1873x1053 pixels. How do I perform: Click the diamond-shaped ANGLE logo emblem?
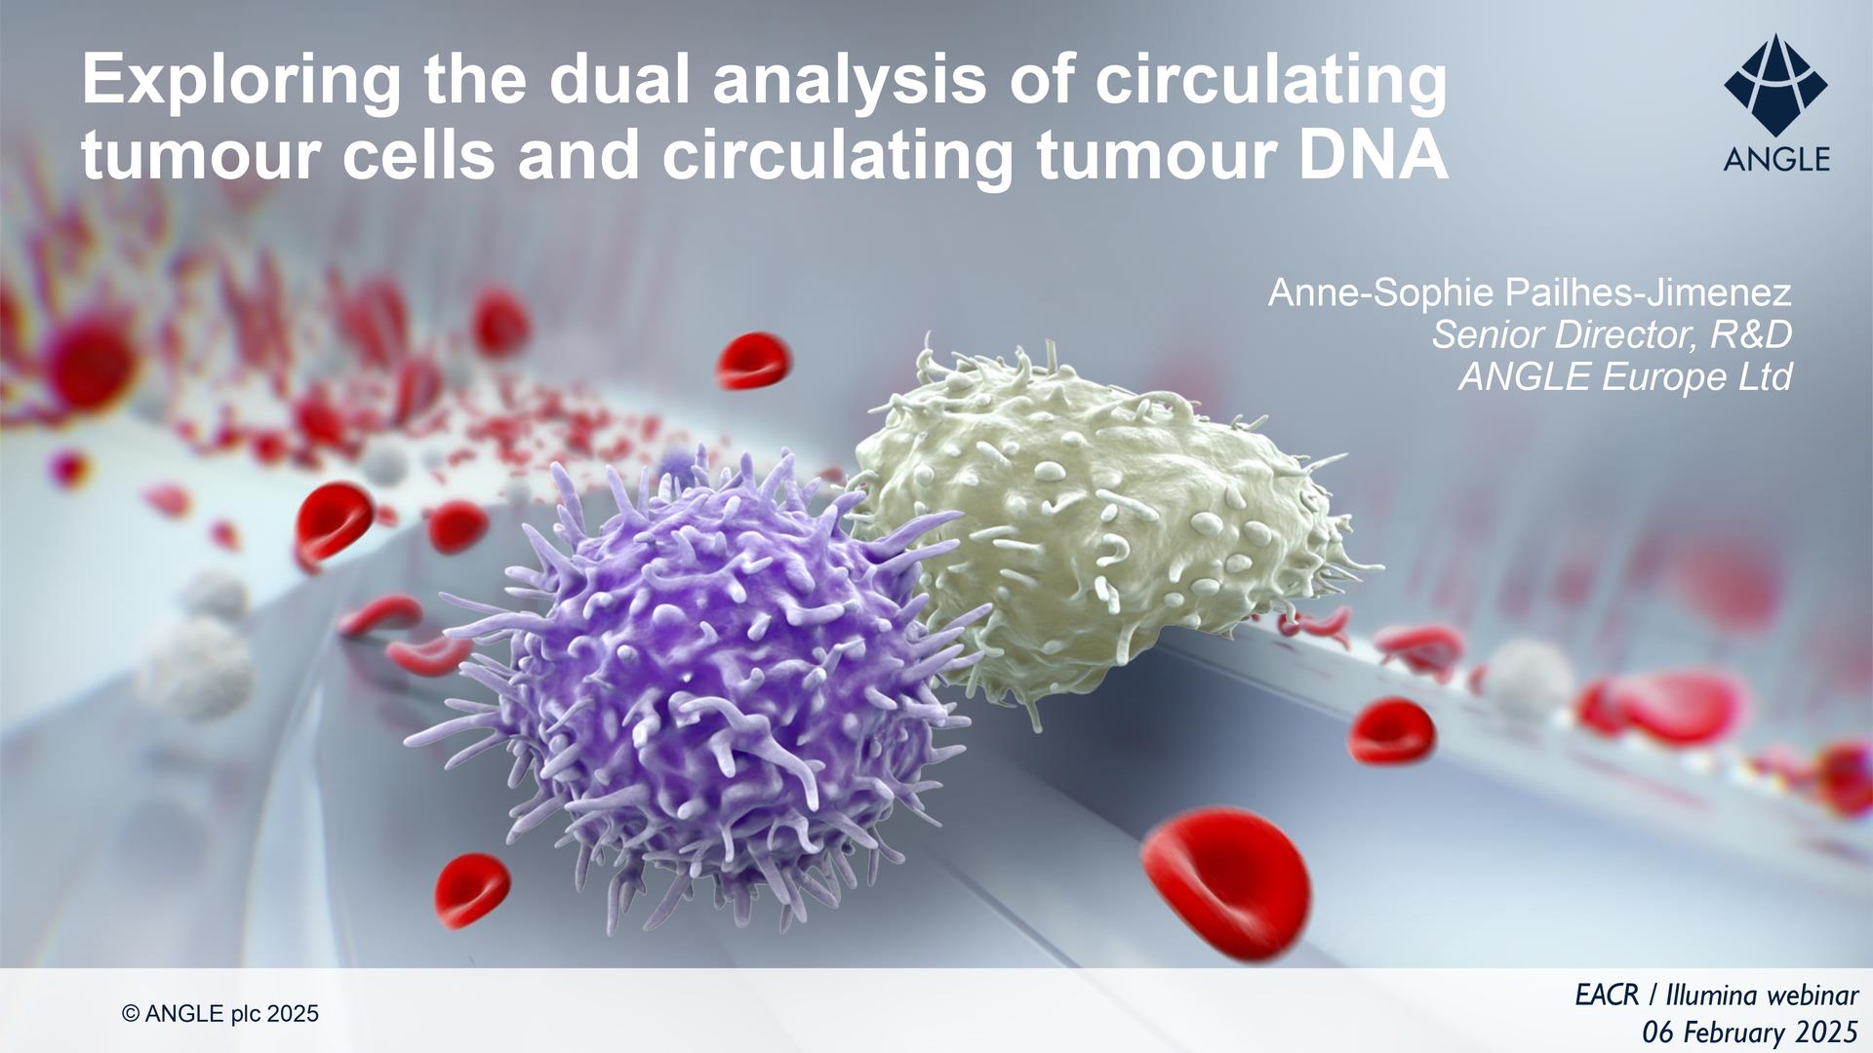(x=1775, y=87)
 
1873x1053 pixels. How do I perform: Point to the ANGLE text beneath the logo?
(x=1776, y=159)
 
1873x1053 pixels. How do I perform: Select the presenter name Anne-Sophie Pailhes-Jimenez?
(x=1530, y=292)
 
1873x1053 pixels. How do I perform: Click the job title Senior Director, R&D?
(x=1612, y=334)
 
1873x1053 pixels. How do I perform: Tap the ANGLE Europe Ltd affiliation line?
(x=1625, y=376)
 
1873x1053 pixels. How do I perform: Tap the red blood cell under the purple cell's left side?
(x=472, y=889)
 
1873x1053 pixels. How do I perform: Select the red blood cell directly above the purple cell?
(x=753, y=360)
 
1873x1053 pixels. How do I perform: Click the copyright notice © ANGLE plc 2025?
(x=220, y=1014)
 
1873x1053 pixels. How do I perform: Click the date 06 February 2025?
(x=1750, y=1032)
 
